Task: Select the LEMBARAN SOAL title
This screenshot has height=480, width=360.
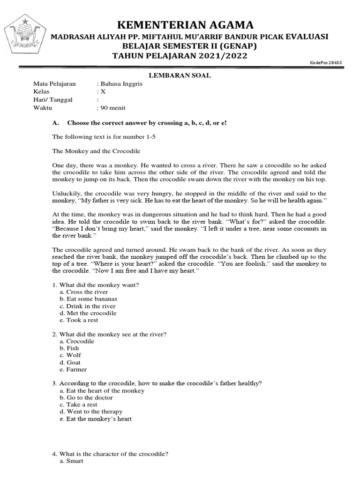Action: tap(180, 75)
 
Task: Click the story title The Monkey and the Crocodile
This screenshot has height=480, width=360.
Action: tap(96, 151)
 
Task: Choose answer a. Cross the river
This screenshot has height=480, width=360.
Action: tap(84, 292)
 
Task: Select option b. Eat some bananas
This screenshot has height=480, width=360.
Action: tap(89, 299)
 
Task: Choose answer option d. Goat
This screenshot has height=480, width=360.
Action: tap(70, 362)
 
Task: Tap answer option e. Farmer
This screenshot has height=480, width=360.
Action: tap(73, 369)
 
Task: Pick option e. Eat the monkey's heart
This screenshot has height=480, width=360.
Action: tap(96, 419)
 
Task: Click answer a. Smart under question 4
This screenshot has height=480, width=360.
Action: tap(71, 461)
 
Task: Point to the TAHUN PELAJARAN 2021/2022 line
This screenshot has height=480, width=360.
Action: tap(180, 56)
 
